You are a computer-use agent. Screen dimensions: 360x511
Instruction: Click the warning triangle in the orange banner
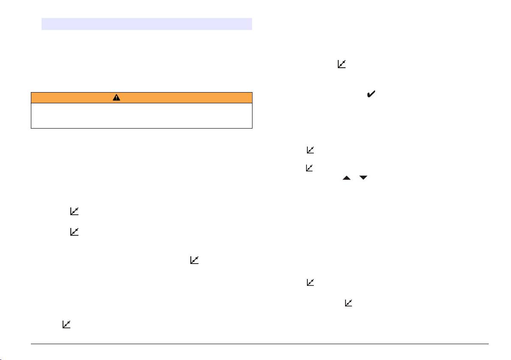click(116, 98)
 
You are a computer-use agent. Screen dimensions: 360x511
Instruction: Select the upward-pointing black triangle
click(346, 177)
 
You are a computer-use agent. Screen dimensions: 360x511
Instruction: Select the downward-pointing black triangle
click(364, 177)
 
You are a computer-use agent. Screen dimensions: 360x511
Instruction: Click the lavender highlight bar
click(146, 24)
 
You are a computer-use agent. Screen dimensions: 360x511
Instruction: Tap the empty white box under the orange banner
click(141, 116)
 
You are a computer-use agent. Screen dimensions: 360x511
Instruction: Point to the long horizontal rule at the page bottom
click(260, 344)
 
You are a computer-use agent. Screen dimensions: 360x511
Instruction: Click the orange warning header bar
click(141, 98)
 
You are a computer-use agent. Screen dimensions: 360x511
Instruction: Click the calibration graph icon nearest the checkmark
click(341, 64)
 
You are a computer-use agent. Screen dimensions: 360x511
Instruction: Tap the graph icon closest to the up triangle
click(310, 168)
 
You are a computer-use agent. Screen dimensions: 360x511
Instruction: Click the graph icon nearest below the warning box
click(75, 211)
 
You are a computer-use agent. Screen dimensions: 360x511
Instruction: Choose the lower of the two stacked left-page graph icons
click(75, 232)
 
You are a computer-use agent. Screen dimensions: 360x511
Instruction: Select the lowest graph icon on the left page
click(66, 324)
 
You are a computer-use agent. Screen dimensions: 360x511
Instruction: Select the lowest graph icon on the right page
click(349, 303)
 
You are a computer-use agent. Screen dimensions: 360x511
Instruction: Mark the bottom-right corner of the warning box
click(252, 128)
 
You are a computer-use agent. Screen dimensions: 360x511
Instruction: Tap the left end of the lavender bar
click(42, 24)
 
